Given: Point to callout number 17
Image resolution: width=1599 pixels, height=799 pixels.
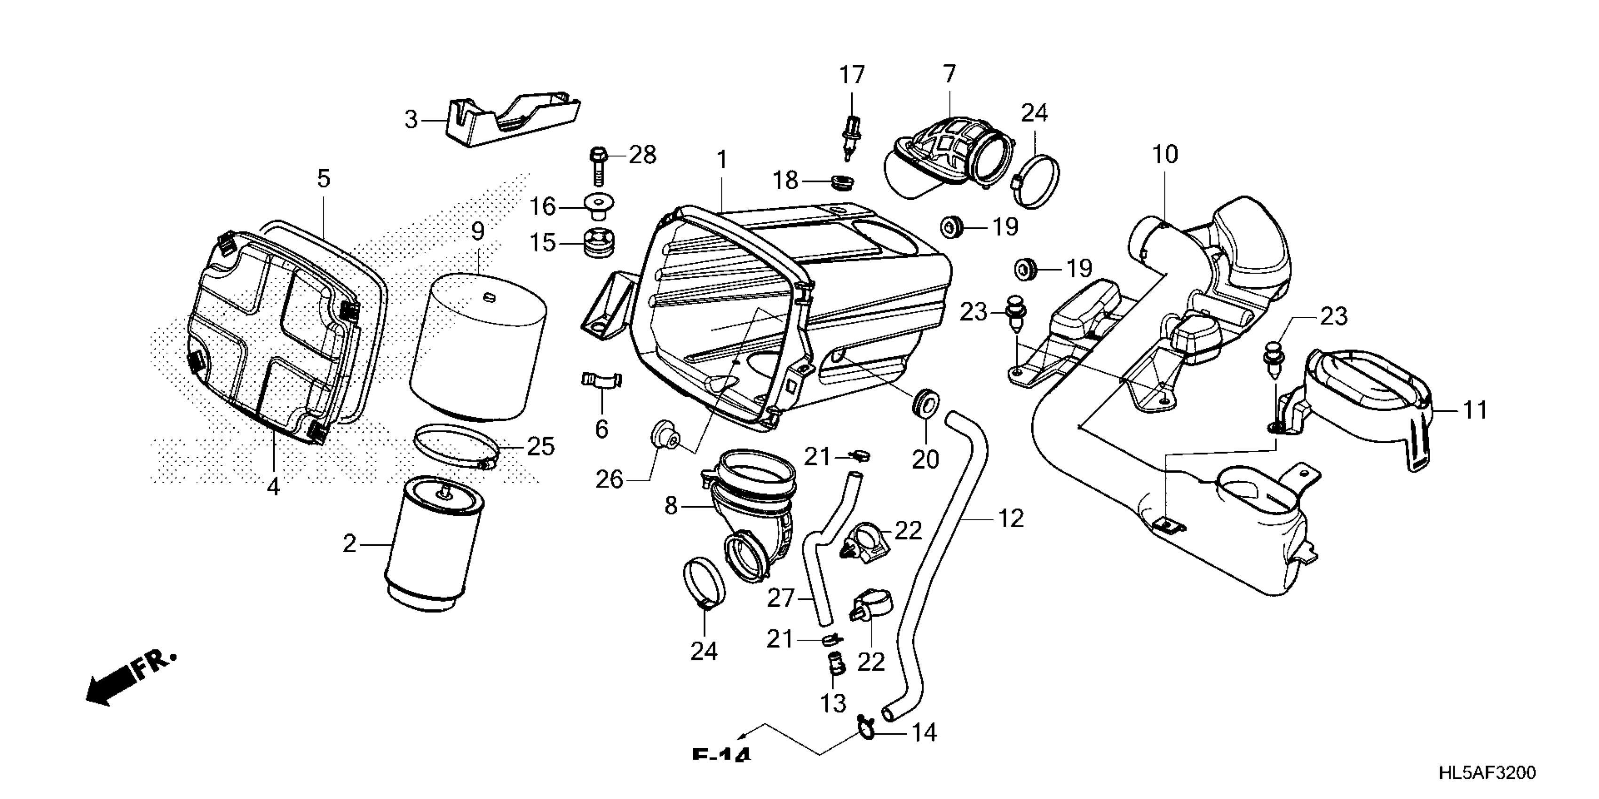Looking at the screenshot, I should coord(852,75).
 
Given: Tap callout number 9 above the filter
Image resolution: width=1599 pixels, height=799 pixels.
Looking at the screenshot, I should coord(477,231).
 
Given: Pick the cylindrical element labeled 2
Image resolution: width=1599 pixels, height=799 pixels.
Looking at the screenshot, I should coord(433,546).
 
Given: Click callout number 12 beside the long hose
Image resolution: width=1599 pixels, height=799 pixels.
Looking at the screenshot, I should coord(1011,518).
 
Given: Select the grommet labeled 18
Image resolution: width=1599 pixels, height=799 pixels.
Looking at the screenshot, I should coord(842,182).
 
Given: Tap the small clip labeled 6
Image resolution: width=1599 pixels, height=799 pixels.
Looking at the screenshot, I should coord(602,380).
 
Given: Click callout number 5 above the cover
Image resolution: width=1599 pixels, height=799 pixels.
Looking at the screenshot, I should coord(324,179).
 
